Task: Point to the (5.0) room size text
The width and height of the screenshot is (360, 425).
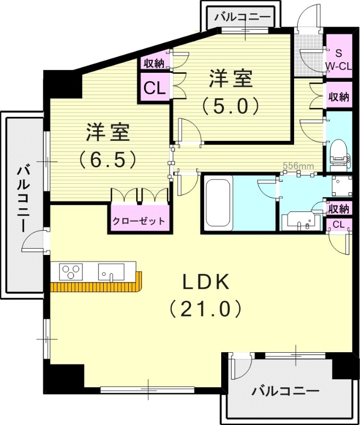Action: pyautogui.click(x=230, y=105)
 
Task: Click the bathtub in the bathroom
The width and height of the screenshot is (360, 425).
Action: pyautogui.click(x=218, y=203)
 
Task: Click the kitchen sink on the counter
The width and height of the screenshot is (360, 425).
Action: pyautogui.click(x=111, y=272)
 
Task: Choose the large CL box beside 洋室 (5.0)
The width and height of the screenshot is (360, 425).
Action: pyautogui.click(x=154, y=88)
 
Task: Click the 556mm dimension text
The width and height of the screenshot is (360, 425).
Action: pyautogui.click(x=298, y=165)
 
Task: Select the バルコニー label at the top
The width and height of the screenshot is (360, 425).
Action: pyautogui.click(x=242, y=18)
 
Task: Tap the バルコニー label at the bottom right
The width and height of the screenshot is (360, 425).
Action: pyautogui.click(x=286, y=392)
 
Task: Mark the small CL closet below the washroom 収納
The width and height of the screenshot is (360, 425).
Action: pyautogui.click(x=338, y=225)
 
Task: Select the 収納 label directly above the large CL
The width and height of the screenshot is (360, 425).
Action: pyautogui.click(x=154, y=63)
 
